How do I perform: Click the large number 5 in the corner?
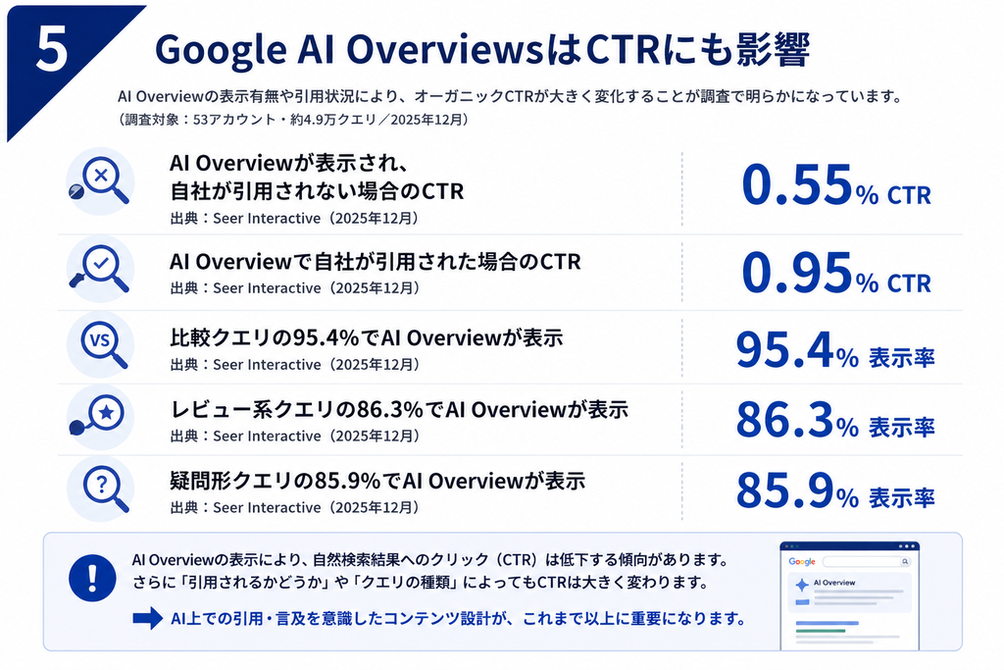pyautogui.click(x=52, y=49)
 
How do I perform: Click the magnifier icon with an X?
pyautogui.click(x=101, y=181)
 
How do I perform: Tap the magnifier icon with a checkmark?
pyautogui.click(x=101, y=269)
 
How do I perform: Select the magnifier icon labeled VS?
pyautogui.click(x=101, y=344)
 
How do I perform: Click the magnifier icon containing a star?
pyautogui.click(x=101, y=416)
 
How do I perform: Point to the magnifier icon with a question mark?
pyautogui.click(x=101, y=489)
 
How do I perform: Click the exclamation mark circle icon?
pyautogui.click(x=92, y=577)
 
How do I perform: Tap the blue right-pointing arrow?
pyautogui.click(x=148, y=618)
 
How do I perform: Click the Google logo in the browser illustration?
pyautogui.click(x=802, y=562)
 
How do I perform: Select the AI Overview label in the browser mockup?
pyautogui.click(x=834, y=583)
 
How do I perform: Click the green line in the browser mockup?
pyautogui.click(x=821, y=631)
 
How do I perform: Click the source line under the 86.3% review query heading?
pyautogui.click(x=294, y=437)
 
